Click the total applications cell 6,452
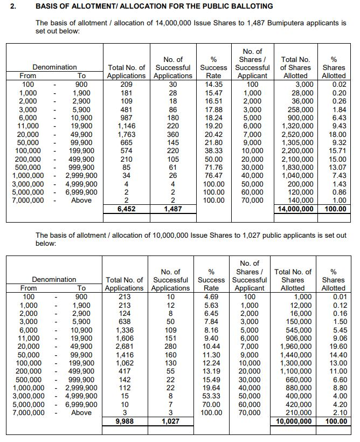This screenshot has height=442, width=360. coord(126,209)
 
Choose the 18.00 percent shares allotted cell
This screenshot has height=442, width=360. coord(338,134)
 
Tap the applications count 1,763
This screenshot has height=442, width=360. coord(126,134)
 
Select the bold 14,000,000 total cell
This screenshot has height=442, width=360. coord(294,209)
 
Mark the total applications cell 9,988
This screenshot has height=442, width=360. coord(125,422)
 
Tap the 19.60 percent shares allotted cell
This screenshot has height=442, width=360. coord(337,347)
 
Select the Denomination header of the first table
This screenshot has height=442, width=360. coord(54,67)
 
